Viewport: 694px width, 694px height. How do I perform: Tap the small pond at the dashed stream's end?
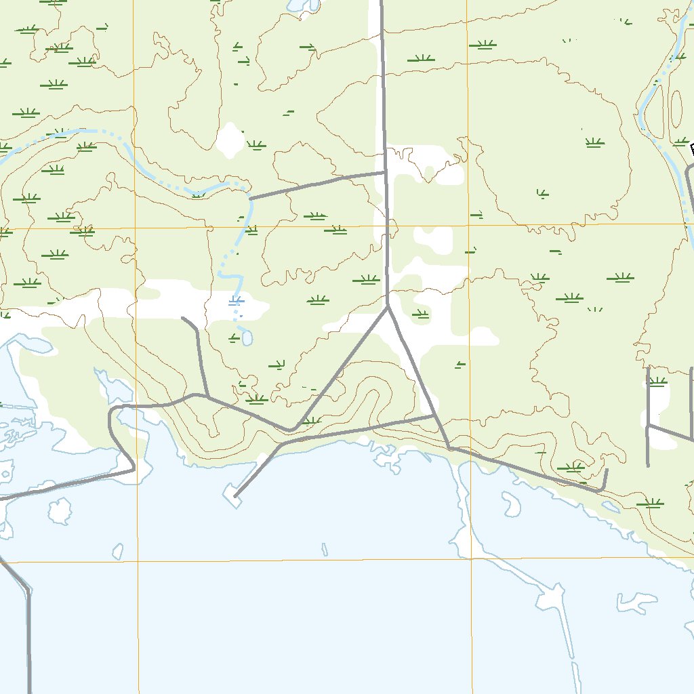pos(247,337)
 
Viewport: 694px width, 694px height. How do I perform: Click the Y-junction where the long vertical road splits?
pos(388,307)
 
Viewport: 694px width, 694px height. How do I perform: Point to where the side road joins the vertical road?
pos(385,172)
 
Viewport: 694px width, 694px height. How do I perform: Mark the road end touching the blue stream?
pos(251,199)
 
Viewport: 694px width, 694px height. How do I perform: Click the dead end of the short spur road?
pos(183,317)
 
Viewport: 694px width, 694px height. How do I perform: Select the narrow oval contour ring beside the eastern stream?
pos(676,108)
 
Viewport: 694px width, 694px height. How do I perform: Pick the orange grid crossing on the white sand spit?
pos(472,559)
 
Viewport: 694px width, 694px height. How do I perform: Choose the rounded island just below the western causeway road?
pos(60,512)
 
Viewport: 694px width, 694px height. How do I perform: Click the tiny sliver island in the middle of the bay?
pos(325,549)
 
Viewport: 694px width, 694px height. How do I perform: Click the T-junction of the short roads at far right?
pos(649,426)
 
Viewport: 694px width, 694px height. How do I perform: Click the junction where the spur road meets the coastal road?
pos(206,396)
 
